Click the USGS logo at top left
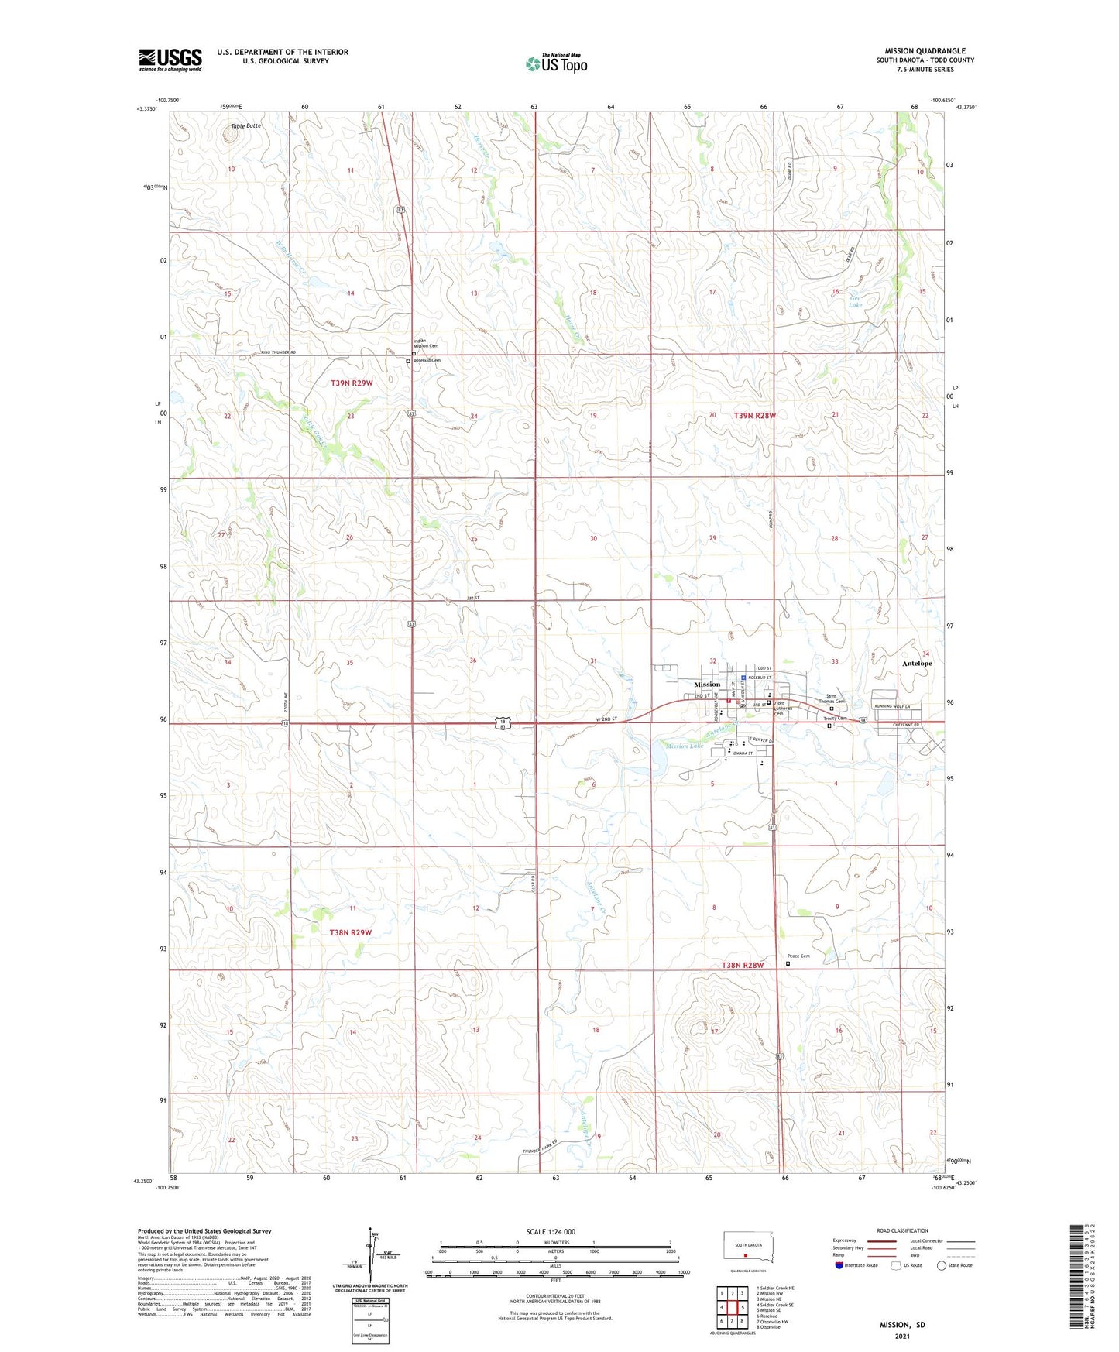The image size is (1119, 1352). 170,60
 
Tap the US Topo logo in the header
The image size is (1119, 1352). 556,63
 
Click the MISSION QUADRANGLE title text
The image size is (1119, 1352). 925,51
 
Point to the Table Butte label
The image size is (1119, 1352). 246,125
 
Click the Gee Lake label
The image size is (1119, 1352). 855,301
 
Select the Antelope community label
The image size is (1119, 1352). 917,664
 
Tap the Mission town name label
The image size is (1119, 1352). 706,685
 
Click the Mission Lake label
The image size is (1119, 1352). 684,746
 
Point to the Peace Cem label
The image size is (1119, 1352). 798,956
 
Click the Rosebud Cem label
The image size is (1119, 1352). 427,360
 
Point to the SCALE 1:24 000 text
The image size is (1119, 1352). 551,1231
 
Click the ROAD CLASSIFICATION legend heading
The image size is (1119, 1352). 902,1230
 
